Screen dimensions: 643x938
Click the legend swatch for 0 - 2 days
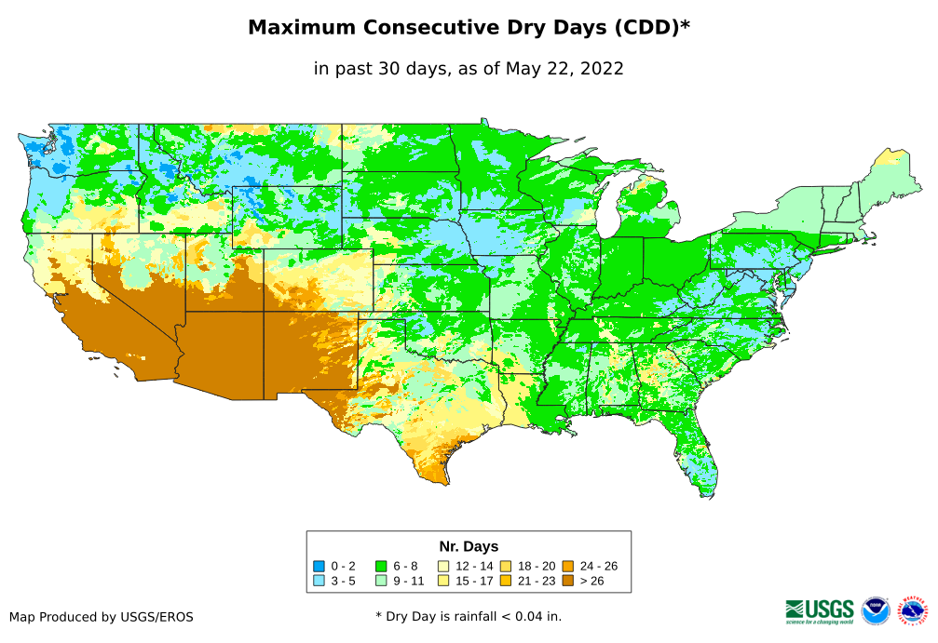tap(319, 566)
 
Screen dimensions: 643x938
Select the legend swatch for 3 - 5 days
tap(319, 581)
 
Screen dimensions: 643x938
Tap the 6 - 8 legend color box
tap(380, 566)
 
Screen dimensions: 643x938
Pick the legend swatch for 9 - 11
tap(380, 581)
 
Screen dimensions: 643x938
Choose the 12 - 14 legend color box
tap(443, 566)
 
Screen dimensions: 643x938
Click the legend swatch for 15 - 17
tap(443, 581)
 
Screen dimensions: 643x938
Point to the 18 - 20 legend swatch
tap(505, 566)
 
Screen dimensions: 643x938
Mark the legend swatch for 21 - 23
tap(505, 581)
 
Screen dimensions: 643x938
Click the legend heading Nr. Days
tap(469, 546)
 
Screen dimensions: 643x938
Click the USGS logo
tap(820, 610)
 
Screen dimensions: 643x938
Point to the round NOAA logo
tap(876, 610)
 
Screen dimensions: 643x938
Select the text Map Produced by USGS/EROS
tap(102, 616)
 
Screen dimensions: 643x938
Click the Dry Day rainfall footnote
tap(469, 616)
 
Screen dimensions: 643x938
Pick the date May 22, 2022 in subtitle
tap(564, 68)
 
